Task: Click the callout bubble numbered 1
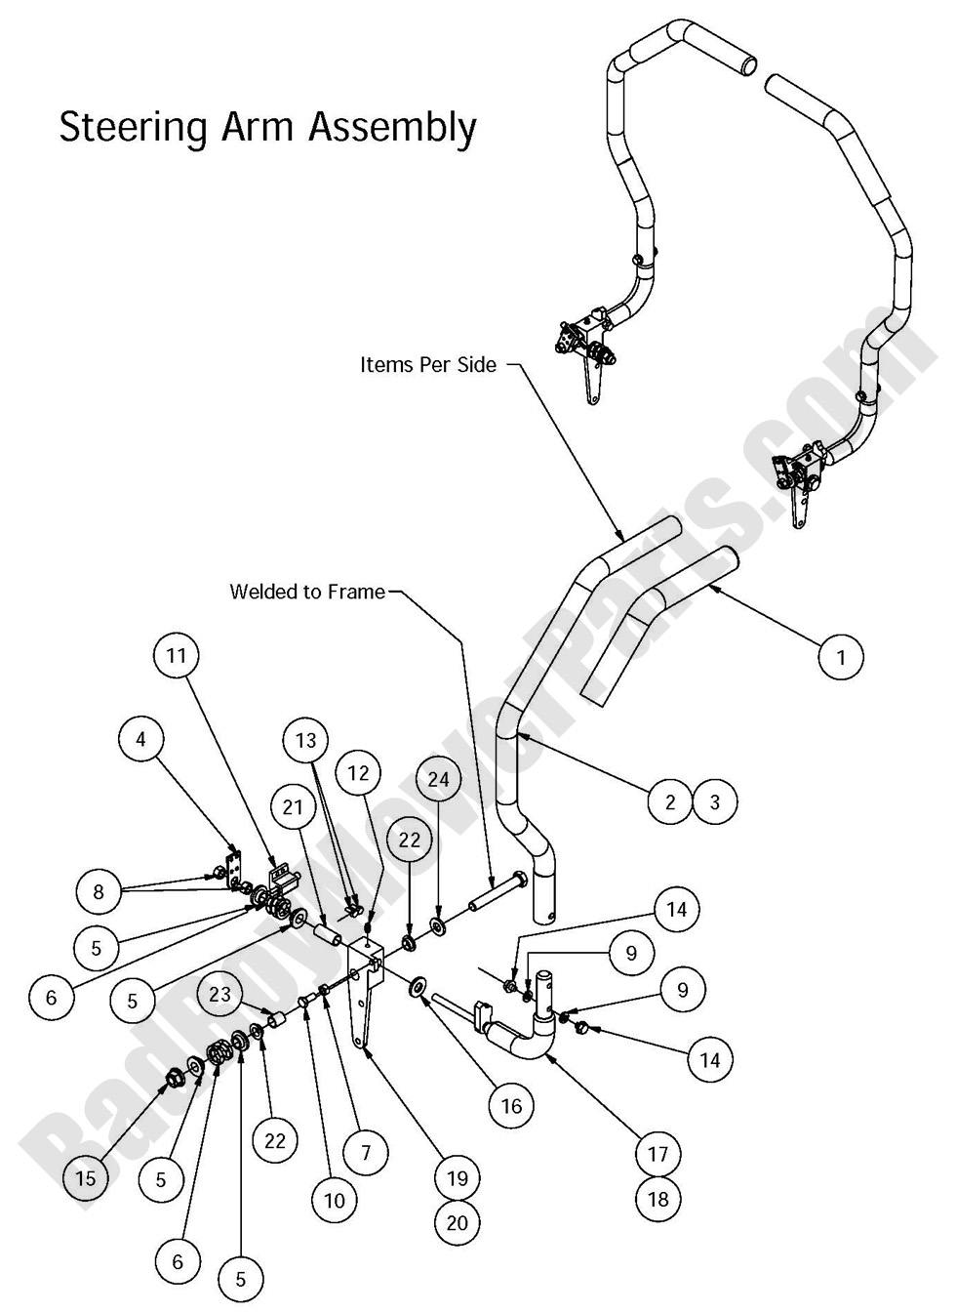point(842,657)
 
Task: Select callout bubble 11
point(177,655)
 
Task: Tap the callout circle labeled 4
point(141,739)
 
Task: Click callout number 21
point(294,806)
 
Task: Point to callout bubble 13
point(306,740)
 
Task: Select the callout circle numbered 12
point(358,773)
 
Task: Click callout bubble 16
point(511,1105)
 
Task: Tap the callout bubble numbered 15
point(86,1178)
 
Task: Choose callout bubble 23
point(221,993)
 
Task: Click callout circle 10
point(335,1200)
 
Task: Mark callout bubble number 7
point(366,1153)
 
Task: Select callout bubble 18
point(658,1198)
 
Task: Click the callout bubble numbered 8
point(98,890)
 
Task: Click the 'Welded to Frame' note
point(307,592)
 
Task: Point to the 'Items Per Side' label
point(428,365)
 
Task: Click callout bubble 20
point(458,1222)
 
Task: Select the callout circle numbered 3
point(715,802)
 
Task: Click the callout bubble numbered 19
point(458,1178)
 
